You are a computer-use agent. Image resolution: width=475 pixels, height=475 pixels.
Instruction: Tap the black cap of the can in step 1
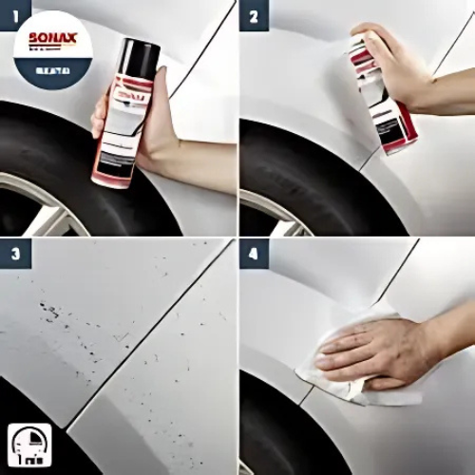coord(142,57)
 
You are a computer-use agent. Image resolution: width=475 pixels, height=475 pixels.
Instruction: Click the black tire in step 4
coord(275,427)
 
